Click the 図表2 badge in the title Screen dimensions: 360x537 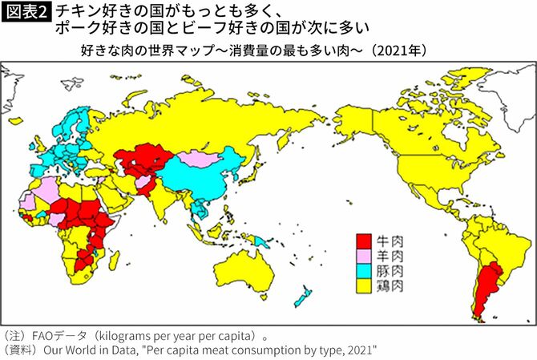tap(25, 13)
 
